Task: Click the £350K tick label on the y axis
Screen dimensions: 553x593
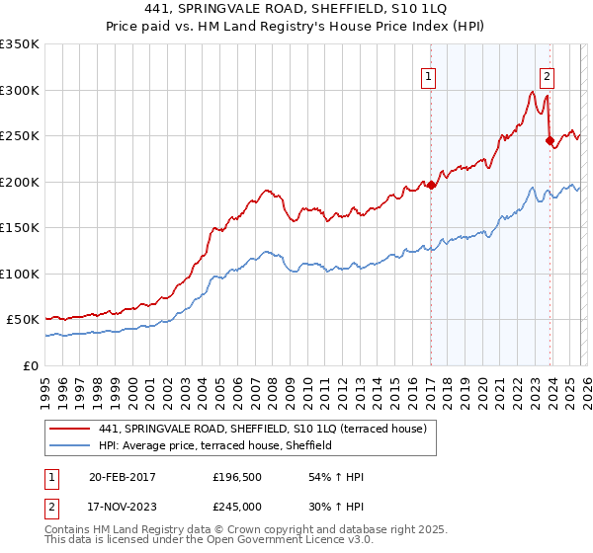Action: coord(20,44)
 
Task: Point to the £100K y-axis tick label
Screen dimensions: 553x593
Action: coord(20,274)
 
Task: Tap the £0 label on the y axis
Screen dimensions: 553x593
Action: coord(30,365)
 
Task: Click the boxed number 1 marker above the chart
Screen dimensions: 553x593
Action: coord(429,76)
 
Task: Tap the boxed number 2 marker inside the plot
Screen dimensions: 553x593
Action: coord(547,76)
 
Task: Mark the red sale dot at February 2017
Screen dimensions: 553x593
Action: coord(431,185)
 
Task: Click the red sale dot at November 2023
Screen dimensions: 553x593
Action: coord(550,140)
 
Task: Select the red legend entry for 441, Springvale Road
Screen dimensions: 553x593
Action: coord(262,429)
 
